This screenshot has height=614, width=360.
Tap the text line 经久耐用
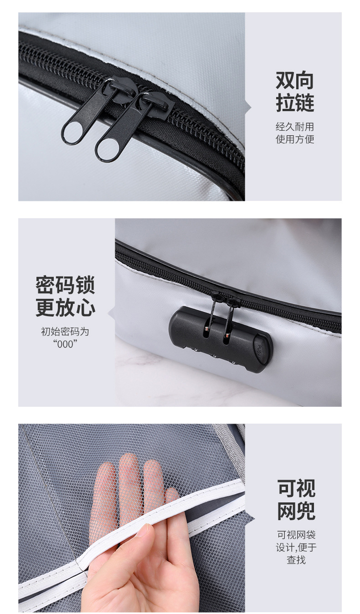click(x=295, y=127)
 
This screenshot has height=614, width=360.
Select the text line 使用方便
click(x=295, y=139)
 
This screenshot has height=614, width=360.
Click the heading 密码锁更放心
click(x=66, y=297)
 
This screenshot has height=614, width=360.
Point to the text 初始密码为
click(x=65, y=332)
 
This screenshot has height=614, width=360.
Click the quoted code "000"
click(x=65, y=344)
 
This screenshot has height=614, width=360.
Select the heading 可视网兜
click(x=296, y=500)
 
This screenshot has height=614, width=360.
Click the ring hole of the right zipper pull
click(x=106, y=149)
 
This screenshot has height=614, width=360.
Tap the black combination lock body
click(x=219, y=339)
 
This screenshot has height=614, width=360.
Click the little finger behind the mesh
click(x=172, y=496)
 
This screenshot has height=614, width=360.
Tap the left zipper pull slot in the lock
click(x=207, y=333)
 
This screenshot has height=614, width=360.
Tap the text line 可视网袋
click(x=296, y=535)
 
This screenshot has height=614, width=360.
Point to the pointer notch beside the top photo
click(x=248, y=107)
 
